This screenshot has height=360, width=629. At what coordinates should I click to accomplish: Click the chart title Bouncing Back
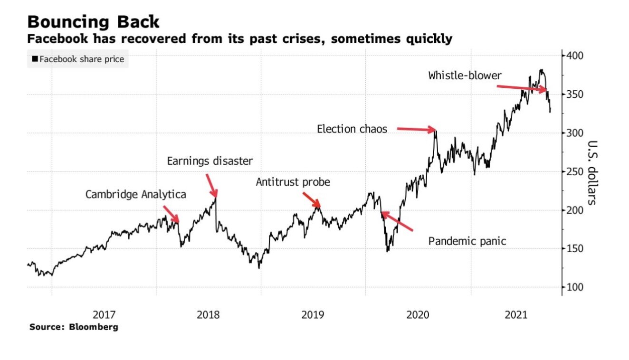93,22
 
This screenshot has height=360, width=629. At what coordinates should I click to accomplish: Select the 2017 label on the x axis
104,314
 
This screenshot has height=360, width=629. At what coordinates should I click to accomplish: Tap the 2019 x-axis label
313,314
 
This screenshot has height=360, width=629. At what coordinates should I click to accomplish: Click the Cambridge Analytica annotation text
136,194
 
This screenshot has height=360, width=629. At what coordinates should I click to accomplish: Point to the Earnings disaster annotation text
210,161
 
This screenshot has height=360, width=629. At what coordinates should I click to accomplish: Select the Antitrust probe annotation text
293,182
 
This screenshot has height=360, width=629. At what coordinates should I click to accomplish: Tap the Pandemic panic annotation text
467,241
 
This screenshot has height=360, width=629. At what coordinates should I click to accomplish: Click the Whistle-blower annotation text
465,75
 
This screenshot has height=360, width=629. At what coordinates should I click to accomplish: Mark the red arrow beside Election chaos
416,129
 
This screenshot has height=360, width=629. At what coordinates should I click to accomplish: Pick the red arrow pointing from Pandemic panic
397,222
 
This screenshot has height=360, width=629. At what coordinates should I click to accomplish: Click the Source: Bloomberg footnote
74,327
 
